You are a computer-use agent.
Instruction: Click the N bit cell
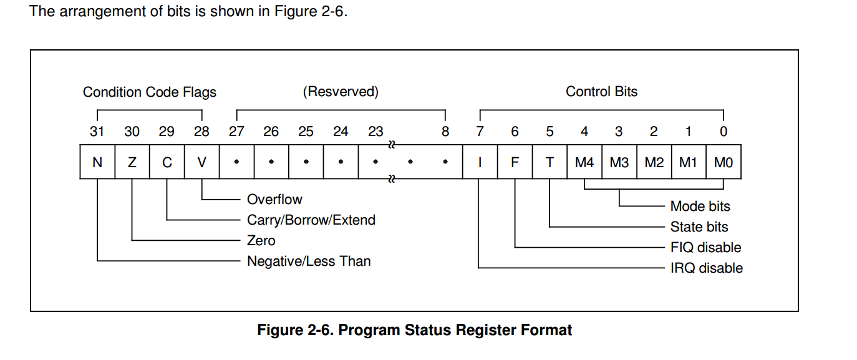click(x=97, y=163)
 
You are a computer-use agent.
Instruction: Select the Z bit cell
click(x=132, y=163)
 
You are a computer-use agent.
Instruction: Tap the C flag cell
click(x=167, y=163)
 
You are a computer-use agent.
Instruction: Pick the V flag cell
click(x=201, y=163)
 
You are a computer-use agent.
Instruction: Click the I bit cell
click(x=480, y=163)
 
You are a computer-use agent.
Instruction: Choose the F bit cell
click(x=515, y=163)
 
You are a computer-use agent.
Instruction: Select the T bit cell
click(x=550, y=163)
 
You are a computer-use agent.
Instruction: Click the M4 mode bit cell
click(x=584, y=163)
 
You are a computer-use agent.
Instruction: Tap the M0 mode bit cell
click(x=724, y=163)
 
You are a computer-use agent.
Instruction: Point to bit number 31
click(x=97, y=132)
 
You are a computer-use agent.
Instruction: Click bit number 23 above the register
click(x=375, y=132)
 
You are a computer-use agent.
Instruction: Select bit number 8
click(x=445, y=132)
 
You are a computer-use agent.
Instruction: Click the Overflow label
click(x=274, y=200)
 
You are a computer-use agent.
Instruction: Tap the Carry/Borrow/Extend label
click(x=311, y=220)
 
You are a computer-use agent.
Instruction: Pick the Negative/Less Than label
click(x=309, y=261)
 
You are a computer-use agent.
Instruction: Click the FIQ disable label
click(x=705, y=248)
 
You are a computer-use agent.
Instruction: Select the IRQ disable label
click(x=707, y=268)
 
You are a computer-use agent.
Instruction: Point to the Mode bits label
click(x=700, y=207)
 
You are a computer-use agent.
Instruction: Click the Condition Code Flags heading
click(x=150, y=92)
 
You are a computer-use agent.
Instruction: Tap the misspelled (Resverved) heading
click(x=341, y=92)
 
